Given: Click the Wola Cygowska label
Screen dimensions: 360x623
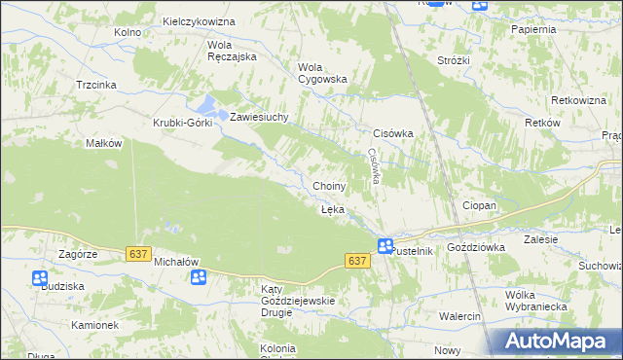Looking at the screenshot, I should click(321, 73).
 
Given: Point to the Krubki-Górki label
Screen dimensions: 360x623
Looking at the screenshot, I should click(181, 123).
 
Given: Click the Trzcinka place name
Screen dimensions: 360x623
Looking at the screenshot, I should click(96, 85).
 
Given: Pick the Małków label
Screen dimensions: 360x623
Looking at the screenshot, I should click(103, 143).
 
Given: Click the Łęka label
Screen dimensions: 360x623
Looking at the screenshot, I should click(332, 209).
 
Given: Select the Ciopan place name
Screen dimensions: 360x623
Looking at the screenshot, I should click(479, 206).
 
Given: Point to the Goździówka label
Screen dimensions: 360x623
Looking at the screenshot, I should click(476, 248).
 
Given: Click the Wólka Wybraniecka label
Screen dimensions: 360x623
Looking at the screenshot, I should click(536, 301).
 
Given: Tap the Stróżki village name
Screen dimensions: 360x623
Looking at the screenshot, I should click(454, 60).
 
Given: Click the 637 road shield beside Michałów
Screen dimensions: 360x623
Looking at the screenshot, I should click(137, 254).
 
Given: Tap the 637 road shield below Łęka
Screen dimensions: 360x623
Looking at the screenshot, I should click(357, 261).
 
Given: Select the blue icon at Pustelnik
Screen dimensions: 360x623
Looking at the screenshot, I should click(385, 246).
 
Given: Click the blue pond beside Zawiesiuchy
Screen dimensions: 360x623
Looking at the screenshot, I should click(209, 107).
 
